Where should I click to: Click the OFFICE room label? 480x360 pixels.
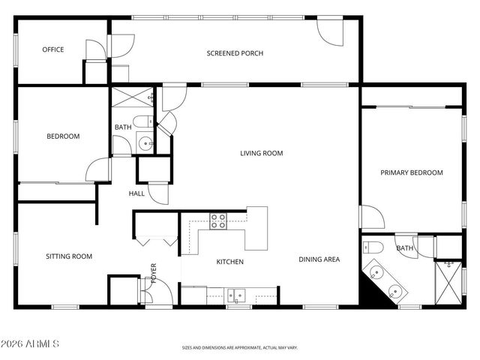pos(52,50)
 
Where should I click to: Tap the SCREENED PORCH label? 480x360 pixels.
pos(235,53)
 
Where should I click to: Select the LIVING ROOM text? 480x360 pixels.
pos(261,154)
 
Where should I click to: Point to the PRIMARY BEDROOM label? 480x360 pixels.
pos(411,173)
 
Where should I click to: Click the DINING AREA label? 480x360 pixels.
pos(319,260)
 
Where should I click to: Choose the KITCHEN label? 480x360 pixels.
pos(230,262)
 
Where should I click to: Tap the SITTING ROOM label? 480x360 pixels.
pos(69,256)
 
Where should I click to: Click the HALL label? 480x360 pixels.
pos(136,193)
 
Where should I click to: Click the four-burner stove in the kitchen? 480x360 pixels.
pos(218,220)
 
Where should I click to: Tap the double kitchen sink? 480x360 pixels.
pos(236,295)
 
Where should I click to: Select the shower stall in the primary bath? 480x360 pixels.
pos(448,280)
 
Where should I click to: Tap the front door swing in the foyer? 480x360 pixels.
pos(160,294)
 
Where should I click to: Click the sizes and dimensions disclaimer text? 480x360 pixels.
pos(240,348)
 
